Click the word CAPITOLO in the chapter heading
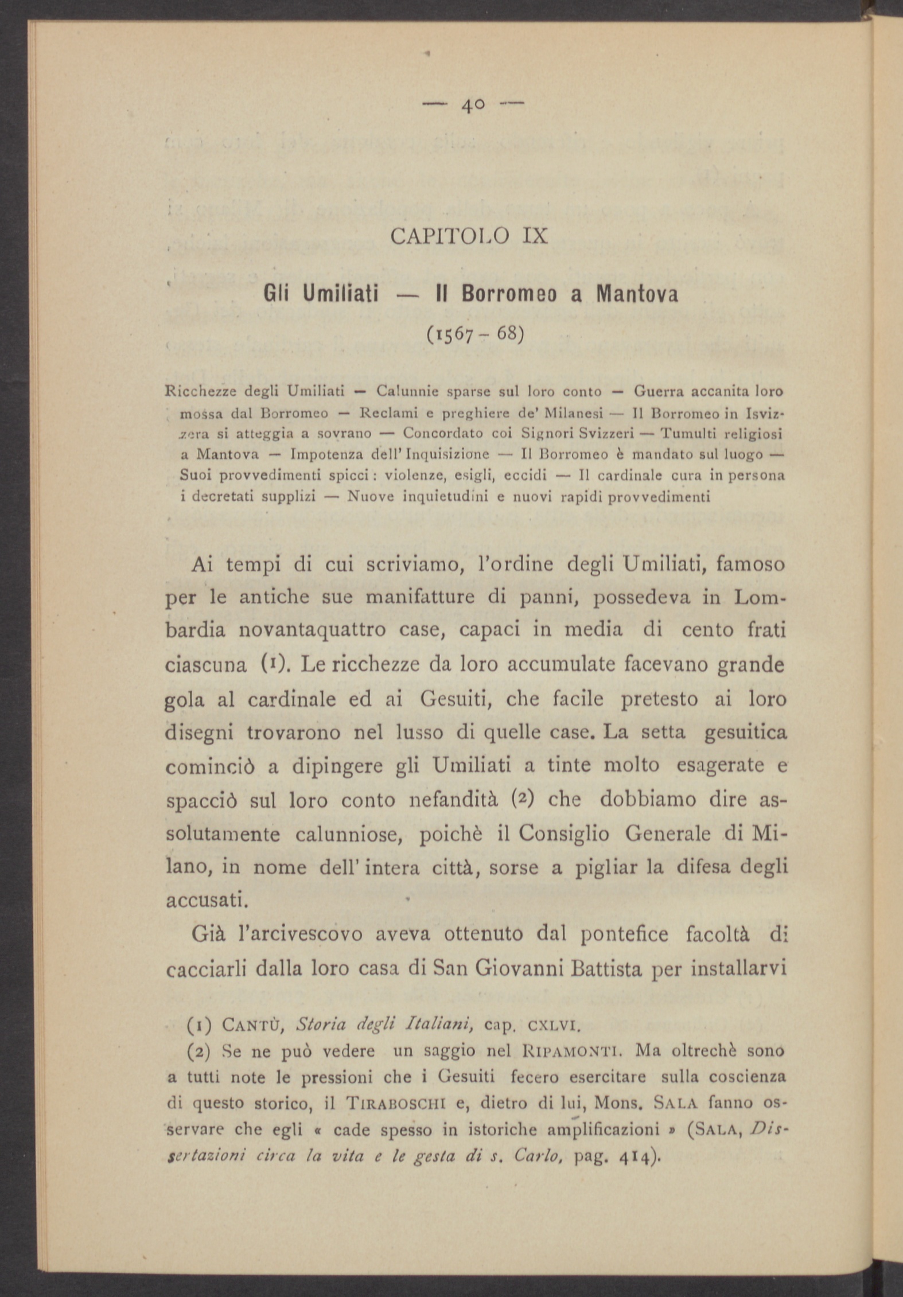(x=449, y=236)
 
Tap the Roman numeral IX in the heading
(x=535, y=236)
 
